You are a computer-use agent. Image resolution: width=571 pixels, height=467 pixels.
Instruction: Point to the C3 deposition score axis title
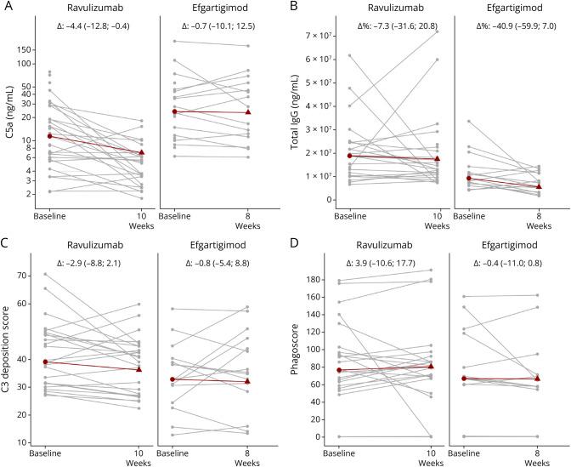8,353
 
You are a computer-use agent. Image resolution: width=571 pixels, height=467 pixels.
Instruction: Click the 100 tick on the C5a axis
34,64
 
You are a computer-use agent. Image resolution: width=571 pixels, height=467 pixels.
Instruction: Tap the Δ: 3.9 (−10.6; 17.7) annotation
390,259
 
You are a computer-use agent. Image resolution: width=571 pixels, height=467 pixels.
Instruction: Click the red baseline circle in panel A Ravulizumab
50,136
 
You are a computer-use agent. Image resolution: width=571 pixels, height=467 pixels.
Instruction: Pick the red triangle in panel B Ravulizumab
437,158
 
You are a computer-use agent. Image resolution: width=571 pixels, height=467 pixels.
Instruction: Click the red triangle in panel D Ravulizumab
437,366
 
